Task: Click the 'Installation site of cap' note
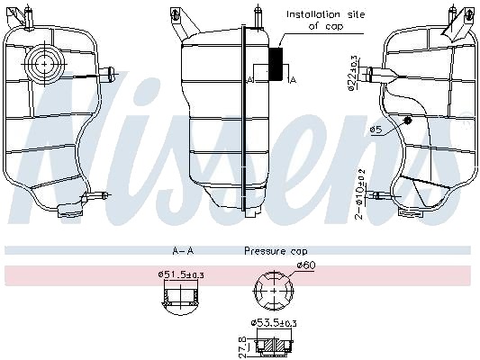pos(325,20)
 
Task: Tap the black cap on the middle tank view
pos(276,64)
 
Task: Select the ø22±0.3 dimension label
pos(353,73)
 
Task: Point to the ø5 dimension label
pos(376,130)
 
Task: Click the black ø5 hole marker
pos(407,121)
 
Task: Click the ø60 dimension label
pos(306,265)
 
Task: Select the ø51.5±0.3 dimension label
pos(181,275)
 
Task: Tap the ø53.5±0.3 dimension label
pos(274,323)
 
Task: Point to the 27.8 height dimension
pos(242,346)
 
